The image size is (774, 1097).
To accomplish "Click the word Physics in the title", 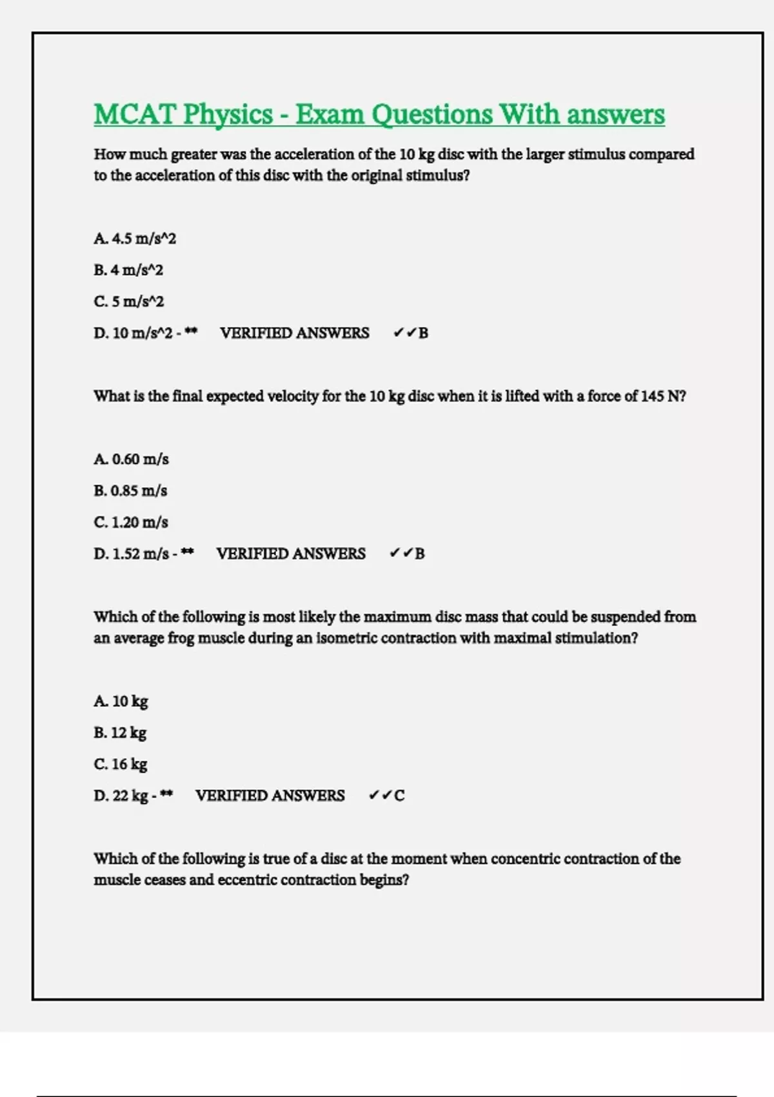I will [x=228, y=115].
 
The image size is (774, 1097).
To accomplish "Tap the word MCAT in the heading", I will [x=134, y=115].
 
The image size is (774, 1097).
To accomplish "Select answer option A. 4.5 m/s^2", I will [x=135, y=239].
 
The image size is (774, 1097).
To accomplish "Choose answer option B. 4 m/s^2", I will [x=128, y=270].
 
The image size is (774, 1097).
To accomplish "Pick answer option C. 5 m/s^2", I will [x=129, y=302].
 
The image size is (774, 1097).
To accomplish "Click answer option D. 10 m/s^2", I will [x=134, y=334].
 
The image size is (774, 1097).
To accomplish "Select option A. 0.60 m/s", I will [x=131, y=459].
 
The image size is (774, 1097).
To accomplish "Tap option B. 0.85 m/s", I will [x=130, y=491].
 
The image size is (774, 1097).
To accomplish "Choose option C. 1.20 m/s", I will [x=131, y=523].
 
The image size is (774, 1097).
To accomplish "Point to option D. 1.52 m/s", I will [x=132, y=554].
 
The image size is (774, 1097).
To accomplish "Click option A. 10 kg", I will [x=121, y=701].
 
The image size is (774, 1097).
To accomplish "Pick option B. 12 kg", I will [x=120, y=733].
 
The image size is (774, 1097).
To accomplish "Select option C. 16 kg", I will [x=121, y=765].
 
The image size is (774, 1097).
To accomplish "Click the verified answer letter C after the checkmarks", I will [x=399, y=796].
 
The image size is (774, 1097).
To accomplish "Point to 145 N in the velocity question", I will [x=660, y=396].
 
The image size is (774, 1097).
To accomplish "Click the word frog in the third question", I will [x=181, y=638].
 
